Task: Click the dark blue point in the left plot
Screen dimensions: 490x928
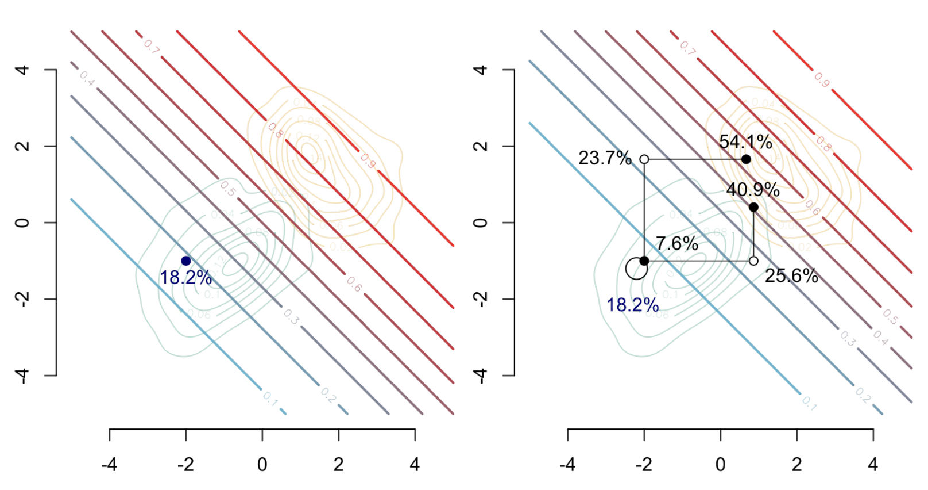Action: (x=186, y=261)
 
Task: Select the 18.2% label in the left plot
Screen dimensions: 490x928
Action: (x=185, y=278)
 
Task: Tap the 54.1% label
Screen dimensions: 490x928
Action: (x=745, y=141)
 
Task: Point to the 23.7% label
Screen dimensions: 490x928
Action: (x=604, y=158)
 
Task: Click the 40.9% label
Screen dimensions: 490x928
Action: (x=752, y=190)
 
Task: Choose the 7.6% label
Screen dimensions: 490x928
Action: (x=677, y=243)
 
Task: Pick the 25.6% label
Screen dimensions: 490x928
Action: (x=791, y=276)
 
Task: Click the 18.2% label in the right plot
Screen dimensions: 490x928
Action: (x=632, y=305)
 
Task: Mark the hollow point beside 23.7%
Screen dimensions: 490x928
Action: (x=644, y=159)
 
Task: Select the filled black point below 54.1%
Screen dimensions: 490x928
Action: (x=746, y=159)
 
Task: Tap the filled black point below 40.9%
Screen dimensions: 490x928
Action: (x=753, y=207)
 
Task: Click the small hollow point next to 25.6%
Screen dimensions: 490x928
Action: (x=753, y=261)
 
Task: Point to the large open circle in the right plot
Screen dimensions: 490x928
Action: (x=636, y=268)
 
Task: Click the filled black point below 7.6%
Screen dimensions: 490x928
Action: (x=644, y=261)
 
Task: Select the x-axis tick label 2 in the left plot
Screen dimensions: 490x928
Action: (x=339, y=464)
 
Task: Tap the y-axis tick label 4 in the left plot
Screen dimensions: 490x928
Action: (x=22, y=70)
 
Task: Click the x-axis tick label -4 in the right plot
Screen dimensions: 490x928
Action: (x=567, y=464)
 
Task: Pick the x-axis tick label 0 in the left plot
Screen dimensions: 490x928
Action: (x=262, y=464)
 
